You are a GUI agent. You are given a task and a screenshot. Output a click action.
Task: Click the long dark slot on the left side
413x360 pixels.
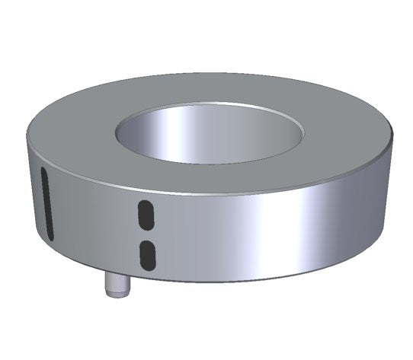click(45, 202)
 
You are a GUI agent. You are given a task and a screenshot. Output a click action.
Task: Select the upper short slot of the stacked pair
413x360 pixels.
click(143, 215)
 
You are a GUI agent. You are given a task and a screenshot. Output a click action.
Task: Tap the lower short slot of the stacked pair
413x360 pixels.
click(144, 253)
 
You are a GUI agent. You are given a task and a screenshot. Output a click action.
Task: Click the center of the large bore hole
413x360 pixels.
click(210, 133)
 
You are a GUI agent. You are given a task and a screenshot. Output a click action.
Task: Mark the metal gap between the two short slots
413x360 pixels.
click(144, 234)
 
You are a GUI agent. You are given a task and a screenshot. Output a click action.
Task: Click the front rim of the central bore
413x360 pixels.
click(210, 162)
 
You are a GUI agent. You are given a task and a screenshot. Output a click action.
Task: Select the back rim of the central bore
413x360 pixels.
click(210, 104)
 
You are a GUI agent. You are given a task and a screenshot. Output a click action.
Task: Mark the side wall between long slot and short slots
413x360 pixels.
click(91, 221)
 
